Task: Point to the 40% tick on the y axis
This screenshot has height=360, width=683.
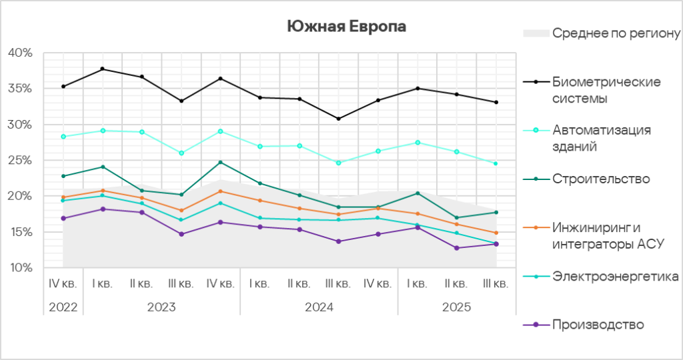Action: point(20,53)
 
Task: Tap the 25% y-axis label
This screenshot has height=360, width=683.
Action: point(20,161)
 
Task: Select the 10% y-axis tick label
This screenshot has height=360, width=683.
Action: point(20,268)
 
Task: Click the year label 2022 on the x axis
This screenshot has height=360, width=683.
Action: point(63,308)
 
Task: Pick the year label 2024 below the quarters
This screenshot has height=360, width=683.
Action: point(319,308)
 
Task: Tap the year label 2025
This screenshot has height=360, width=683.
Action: point(456,308)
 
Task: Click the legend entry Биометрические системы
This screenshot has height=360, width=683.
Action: point(606,90)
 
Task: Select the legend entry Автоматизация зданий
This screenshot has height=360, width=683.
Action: point(601,137)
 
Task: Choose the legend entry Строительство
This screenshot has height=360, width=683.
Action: point(601,179)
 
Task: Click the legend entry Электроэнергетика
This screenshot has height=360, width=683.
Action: point(616,276)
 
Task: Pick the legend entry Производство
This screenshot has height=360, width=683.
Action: point(598,325)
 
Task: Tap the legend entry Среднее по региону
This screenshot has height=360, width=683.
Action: point(616,33)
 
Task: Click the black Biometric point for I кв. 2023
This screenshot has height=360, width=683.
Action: point(102,69)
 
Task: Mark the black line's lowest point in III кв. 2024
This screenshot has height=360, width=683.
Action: point(339,119)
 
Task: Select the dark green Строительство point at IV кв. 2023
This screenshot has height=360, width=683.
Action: point(221,162)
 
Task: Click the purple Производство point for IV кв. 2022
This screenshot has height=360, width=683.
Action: point(63,218)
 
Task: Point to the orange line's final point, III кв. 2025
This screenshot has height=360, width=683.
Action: point(496,233)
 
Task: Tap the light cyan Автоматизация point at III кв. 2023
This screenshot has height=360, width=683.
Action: point(181,153)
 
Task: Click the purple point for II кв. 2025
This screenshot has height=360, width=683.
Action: point(456,248)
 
